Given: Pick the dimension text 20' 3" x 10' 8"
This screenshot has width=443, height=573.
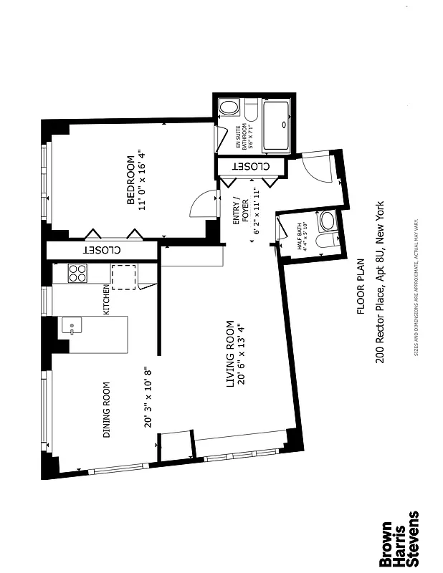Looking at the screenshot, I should [x=149, y=398].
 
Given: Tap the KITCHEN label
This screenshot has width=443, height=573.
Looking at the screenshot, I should [x=106, y=301].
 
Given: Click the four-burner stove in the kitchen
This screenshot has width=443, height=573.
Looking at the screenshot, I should [x=77, y=274].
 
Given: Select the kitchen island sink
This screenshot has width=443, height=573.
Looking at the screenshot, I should [x=72, y=329].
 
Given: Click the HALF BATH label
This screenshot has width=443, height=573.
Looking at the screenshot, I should [x=300, y=233].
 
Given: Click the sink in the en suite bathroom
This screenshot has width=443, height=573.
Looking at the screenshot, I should [x=229, y=109].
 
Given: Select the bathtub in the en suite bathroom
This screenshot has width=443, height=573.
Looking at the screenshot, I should [x=276, y=125].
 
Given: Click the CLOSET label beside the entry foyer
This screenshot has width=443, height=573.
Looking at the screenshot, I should [x=251, y=166].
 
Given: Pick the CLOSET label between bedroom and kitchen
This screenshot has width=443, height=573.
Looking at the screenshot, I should [x=103, y=251].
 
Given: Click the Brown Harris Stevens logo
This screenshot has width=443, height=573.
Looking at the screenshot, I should [x=402, y=537].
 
